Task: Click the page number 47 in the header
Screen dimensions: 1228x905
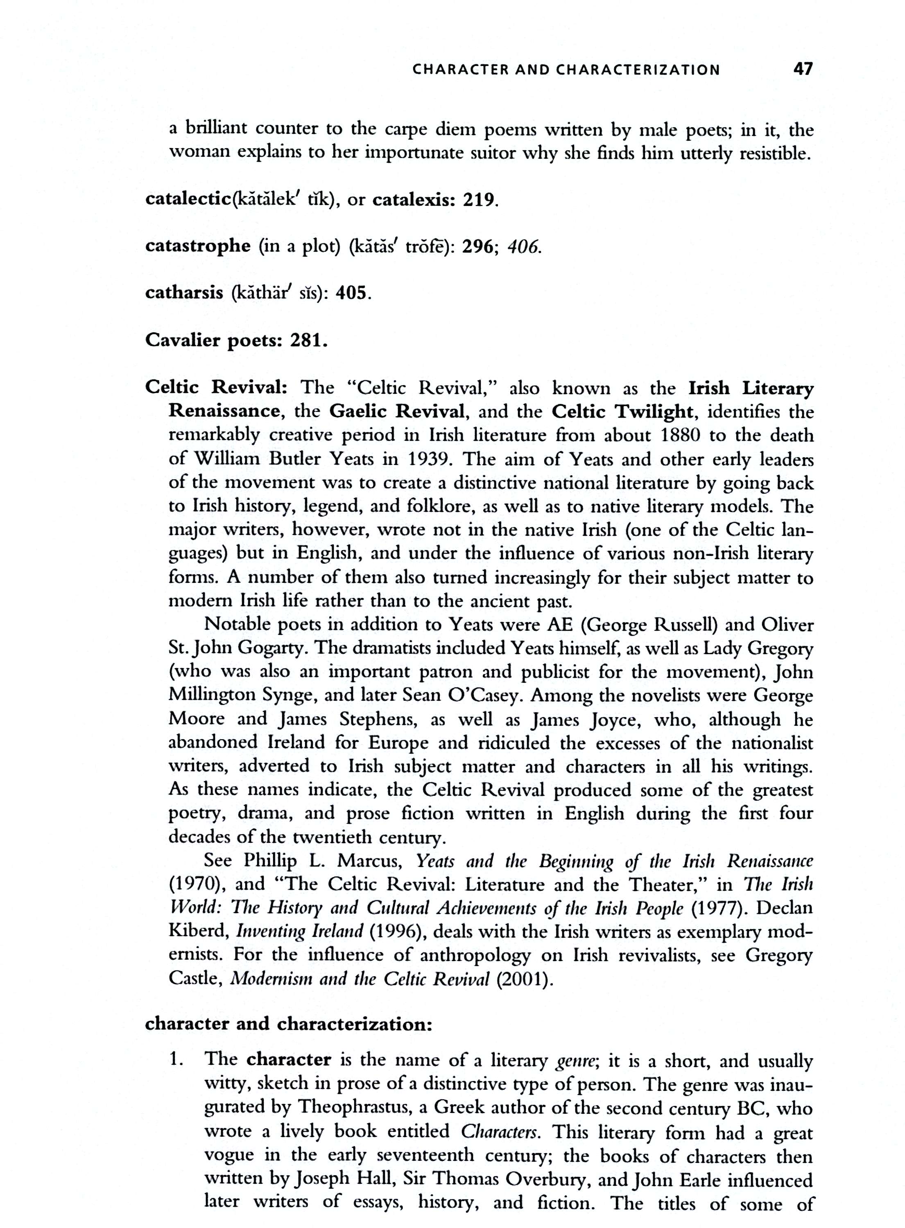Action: pyautogui.click(x=803, y=70)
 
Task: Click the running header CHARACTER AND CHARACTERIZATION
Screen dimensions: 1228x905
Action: pyautogui.click(x=566, y=70)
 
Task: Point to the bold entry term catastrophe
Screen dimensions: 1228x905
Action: pyautogui.click(x=198, y=246)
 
